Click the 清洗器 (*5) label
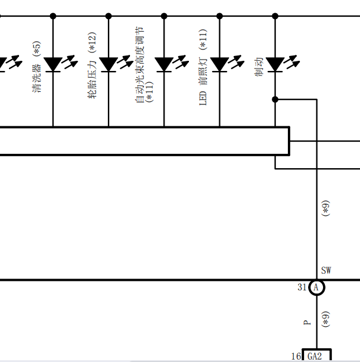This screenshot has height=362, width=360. point(37,67)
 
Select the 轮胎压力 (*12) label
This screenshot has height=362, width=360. point(92,66)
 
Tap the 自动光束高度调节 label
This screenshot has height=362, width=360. point(140,64)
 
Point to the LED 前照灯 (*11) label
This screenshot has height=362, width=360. point(203,67)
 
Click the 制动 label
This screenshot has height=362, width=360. point(259,67)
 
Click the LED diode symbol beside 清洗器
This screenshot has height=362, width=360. point(61,63)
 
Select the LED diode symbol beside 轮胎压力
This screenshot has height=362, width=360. point(116,63)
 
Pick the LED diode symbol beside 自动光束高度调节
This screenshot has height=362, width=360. point(172,63)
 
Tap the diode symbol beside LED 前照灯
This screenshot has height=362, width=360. point(227,63)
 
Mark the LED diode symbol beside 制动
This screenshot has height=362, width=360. point(283,63)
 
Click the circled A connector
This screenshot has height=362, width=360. point(316,287)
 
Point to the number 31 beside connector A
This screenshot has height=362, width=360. point(302,287)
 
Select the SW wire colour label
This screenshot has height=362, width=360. point(326,270)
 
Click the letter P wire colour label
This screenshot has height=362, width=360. point(307,322)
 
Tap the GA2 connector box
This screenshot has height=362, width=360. point(316,355)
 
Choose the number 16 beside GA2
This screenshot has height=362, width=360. point(296,356)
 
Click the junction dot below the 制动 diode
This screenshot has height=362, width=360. point(275,100)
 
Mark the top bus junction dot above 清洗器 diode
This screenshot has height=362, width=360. point(53,16)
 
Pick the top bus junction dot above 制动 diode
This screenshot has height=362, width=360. point(275,16)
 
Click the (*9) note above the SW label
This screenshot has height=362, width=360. point(326,208)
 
